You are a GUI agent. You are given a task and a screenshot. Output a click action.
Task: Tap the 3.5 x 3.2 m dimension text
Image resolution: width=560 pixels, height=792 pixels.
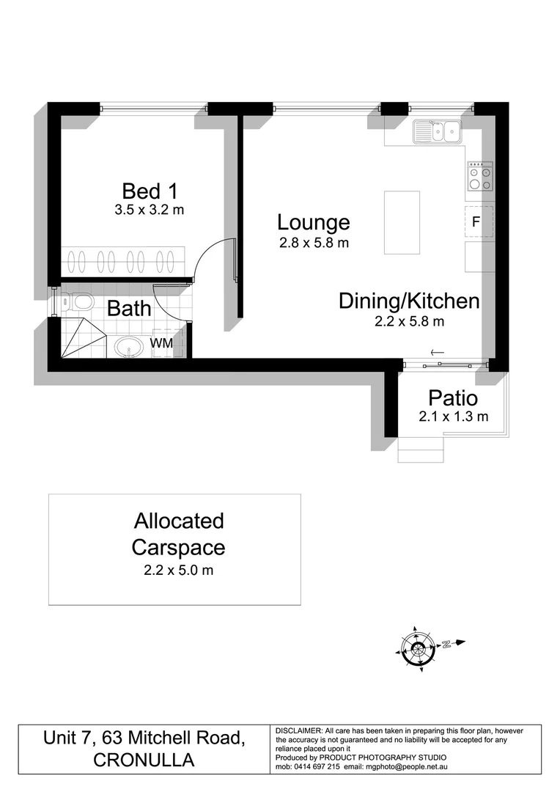pos(149,210)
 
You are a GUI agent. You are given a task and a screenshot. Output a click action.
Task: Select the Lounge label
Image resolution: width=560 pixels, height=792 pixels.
pos(313,221)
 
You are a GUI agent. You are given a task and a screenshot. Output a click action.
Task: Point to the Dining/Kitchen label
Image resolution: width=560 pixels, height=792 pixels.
pos(408,301)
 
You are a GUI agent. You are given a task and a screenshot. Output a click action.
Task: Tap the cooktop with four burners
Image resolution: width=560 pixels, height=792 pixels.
pos(479,176)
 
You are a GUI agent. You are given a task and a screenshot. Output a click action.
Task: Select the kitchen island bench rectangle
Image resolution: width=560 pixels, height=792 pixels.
pos(402,222)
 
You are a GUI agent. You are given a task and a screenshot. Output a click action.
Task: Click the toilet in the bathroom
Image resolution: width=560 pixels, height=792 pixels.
pos(76,301)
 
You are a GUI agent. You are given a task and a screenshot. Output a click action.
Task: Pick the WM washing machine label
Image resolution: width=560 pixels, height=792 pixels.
pos(161,342)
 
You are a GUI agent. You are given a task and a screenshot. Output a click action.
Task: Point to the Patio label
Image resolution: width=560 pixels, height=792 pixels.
pos(453,399)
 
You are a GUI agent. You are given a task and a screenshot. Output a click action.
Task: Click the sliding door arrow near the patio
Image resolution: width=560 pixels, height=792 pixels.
pos(437,353)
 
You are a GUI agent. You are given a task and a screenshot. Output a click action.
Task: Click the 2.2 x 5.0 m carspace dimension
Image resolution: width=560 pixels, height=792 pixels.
pos(174,570)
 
